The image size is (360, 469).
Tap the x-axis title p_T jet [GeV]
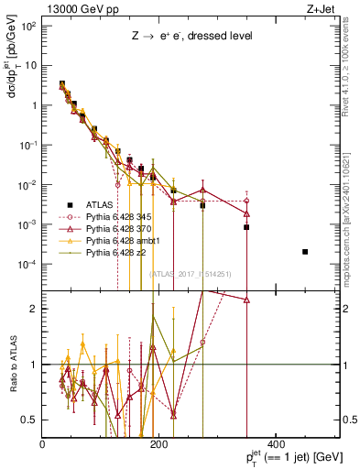coord(282,454)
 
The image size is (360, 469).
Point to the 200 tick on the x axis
coord(158,443)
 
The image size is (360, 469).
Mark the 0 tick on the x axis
coord(43,443)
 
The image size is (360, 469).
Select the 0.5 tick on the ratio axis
coord(31,420)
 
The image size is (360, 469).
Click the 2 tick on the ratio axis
coord(33,309)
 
